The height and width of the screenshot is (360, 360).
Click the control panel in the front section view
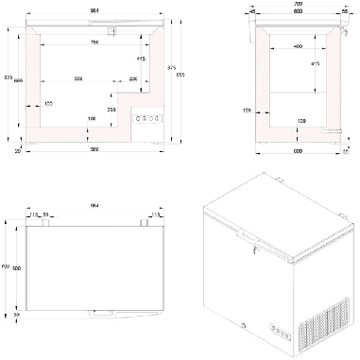[x=146, y=118]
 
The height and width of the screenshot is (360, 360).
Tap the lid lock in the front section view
[x=111, y=32]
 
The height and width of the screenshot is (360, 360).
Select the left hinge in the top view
[x=39, y=223]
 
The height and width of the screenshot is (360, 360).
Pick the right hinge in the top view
[x=146, y=223]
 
